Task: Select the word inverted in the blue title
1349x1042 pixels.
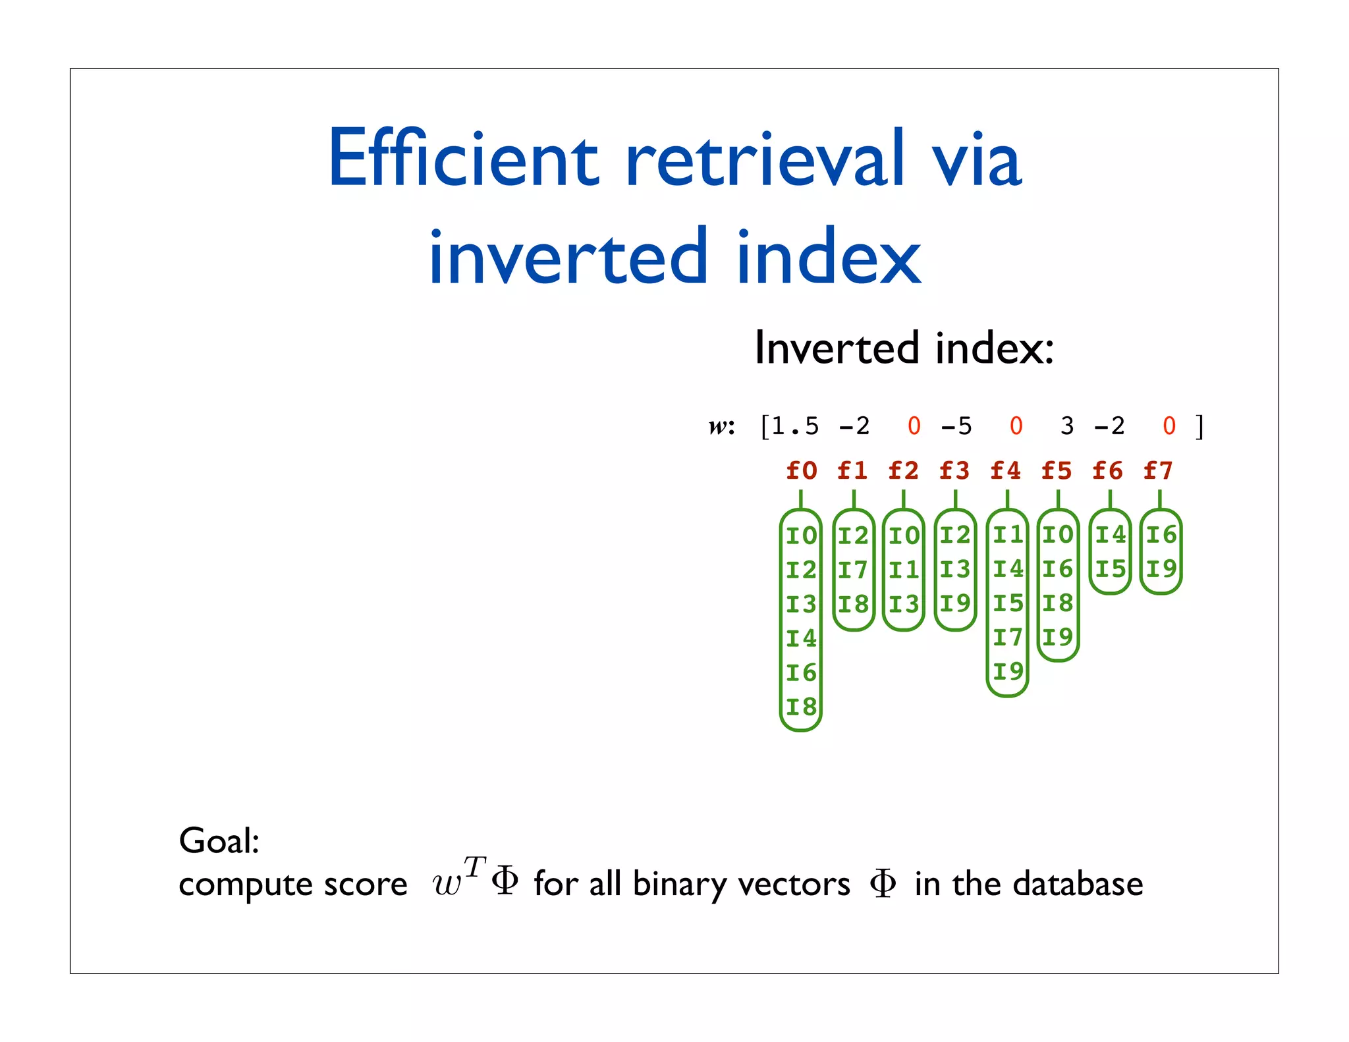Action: click(567, 256)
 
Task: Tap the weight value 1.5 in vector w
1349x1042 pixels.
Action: click(795, 426)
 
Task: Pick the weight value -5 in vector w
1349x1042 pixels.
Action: click(956, 426)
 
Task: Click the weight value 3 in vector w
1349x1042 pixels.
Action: click(1067, 426)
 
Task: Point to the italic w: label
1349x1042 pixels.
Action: click(721, 427)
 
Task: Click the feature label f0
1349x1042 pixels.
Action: click(802, 471)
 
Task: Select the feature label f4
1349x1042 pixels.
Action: click(1006, 471)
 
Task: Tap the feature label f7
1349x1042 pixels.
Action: click(1158, 471)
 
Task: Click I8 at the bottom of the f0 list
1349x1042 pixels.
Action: click(801, 707)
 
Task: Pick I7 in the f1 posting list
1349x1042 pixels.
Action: click(853, 570)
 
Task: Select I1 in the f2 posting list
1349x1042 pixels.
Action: click(904, 570)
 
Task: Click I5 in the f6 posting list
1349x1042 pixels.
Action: click(1110, 569)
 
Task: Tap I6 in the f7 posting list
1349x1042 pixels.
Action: click(1161, 535)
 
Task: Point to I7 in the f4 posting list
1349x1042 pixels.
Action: click(1008, 638)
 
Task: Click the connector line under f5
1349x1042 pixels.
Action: click(1058, 499)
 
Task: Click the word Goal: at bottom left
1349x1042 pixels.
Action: click(219, 841)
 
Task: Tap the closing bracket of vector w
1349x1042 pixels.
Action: click(1200, 426)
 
